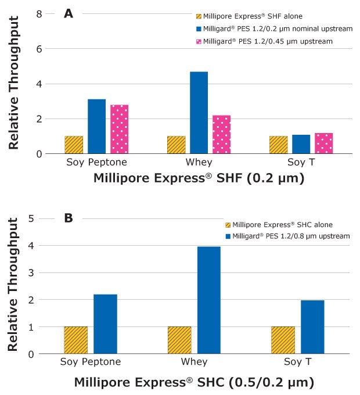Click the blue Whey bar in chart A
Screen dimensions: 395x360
coord(199,113)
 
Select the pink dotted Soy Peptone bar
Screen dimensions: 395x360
coord(120,129)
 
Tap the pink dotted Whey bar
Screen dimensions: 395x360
coord(221,134)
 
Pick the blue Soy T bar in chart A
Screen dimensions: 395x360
coord(302,144)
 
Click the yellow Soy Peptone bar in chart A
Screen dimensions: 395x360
coord(74,145)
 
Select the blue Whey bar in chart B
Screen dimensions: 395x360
coord(209,300)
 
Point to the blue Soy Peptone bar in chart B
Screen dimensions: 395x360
coord(105,324)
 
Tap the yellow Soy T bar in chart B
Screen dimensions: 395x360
coord(283,340)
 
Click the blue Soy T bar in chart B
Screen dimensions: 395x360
coord(312,326)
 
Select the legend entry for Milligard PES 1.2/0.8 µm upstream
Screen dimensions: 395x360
coord(288,236)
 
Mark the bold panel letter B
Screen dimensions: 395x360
coord(69,218)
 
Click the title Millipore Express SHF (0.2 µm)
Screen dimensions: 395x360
coord(199,178)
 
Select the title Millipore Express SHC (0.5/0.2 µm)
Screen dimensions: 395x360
coord(194,383)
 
